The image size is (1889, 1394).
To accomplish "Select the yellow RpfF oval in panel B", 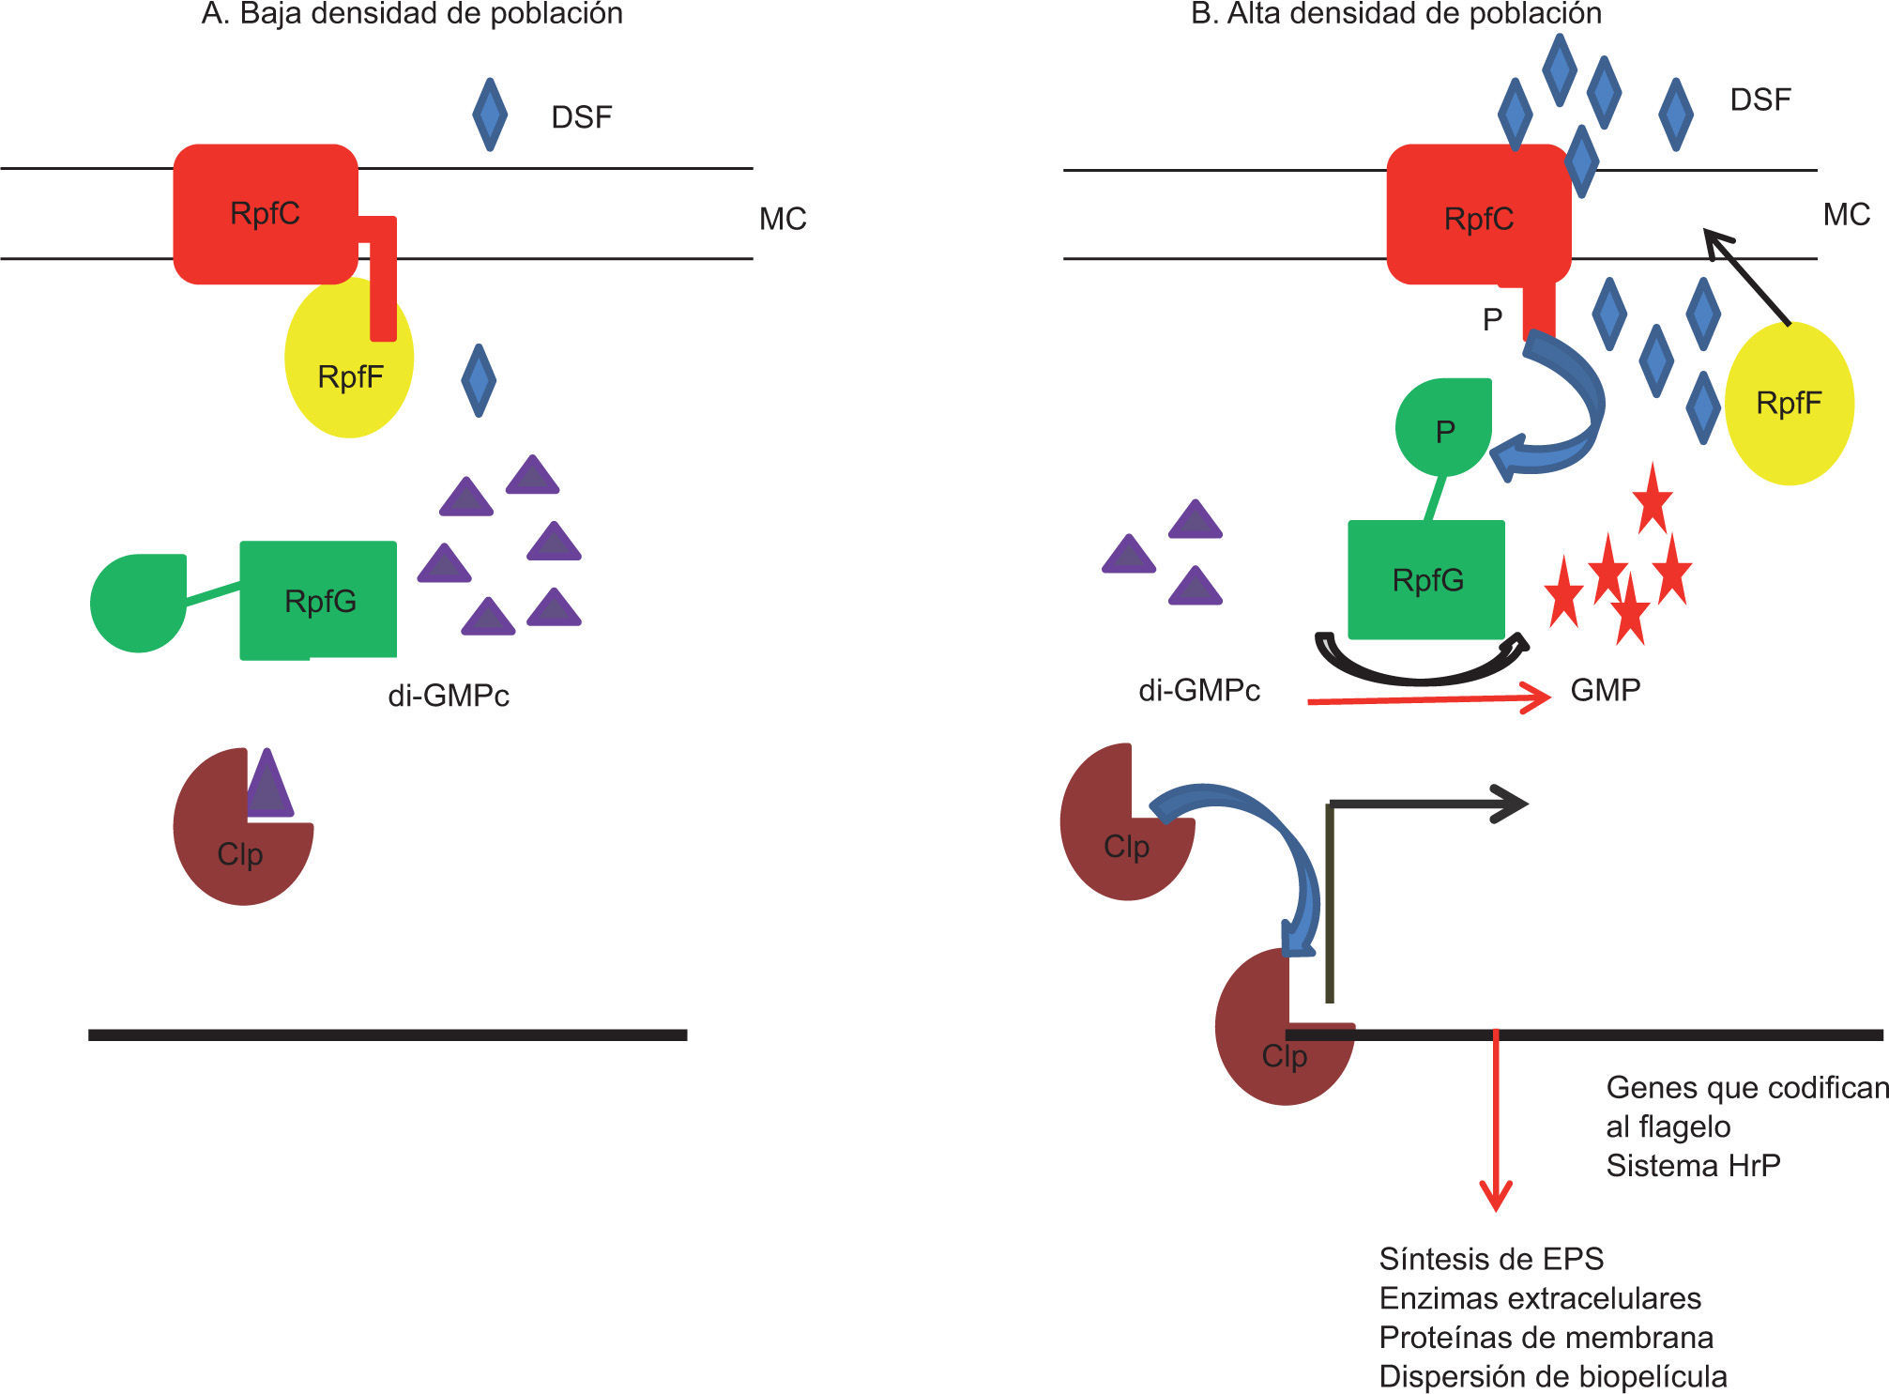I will [x=1789, y=404].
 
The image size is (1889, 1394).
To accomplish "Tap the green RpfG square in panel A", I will [x=318, y=600].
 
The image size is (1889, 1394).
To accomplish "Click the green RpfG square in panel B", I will [x=1426, y=579].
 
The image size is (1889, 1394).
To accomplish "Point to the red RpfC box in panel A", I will [x=266, y=214].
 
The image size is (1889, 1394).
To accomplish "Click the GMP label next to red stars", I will [x=1605, y=690].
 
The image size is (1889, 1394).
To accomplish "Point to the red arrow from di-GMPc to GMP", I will [x=1426, y=699].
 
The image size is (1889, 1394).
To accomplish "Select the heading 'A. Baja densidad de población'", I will [x=412, y=14].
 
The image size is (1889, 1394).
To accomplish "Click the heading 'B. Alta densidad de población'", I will [x=1395, y=14].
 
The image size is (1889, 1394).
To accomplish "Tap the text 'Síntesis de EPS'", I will [x=1491, y=1258].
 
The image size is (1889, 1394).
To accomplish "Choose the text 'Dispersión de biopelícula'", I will [x=1552, y=1376].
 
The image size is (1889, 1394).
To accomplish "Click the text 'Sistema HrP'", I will [x=1693, y=1165].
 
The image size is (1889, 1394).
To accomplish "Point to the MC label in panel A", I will [x=783, y=219].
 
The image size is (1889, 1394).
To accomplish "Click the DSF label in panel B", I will [x=1760, y=100].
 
